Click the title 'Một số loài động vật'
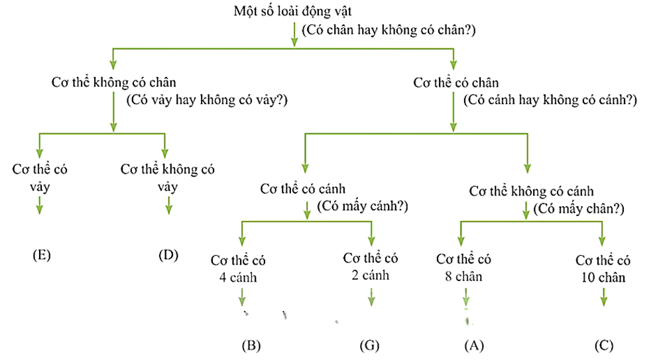292,11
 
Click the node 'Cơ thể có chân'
455,83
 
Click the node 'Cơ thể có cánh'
303,188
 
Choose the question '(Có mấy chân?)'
581,209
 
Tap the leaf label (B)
251,345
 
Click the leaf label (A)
473,345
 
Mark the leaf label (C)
604,345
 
